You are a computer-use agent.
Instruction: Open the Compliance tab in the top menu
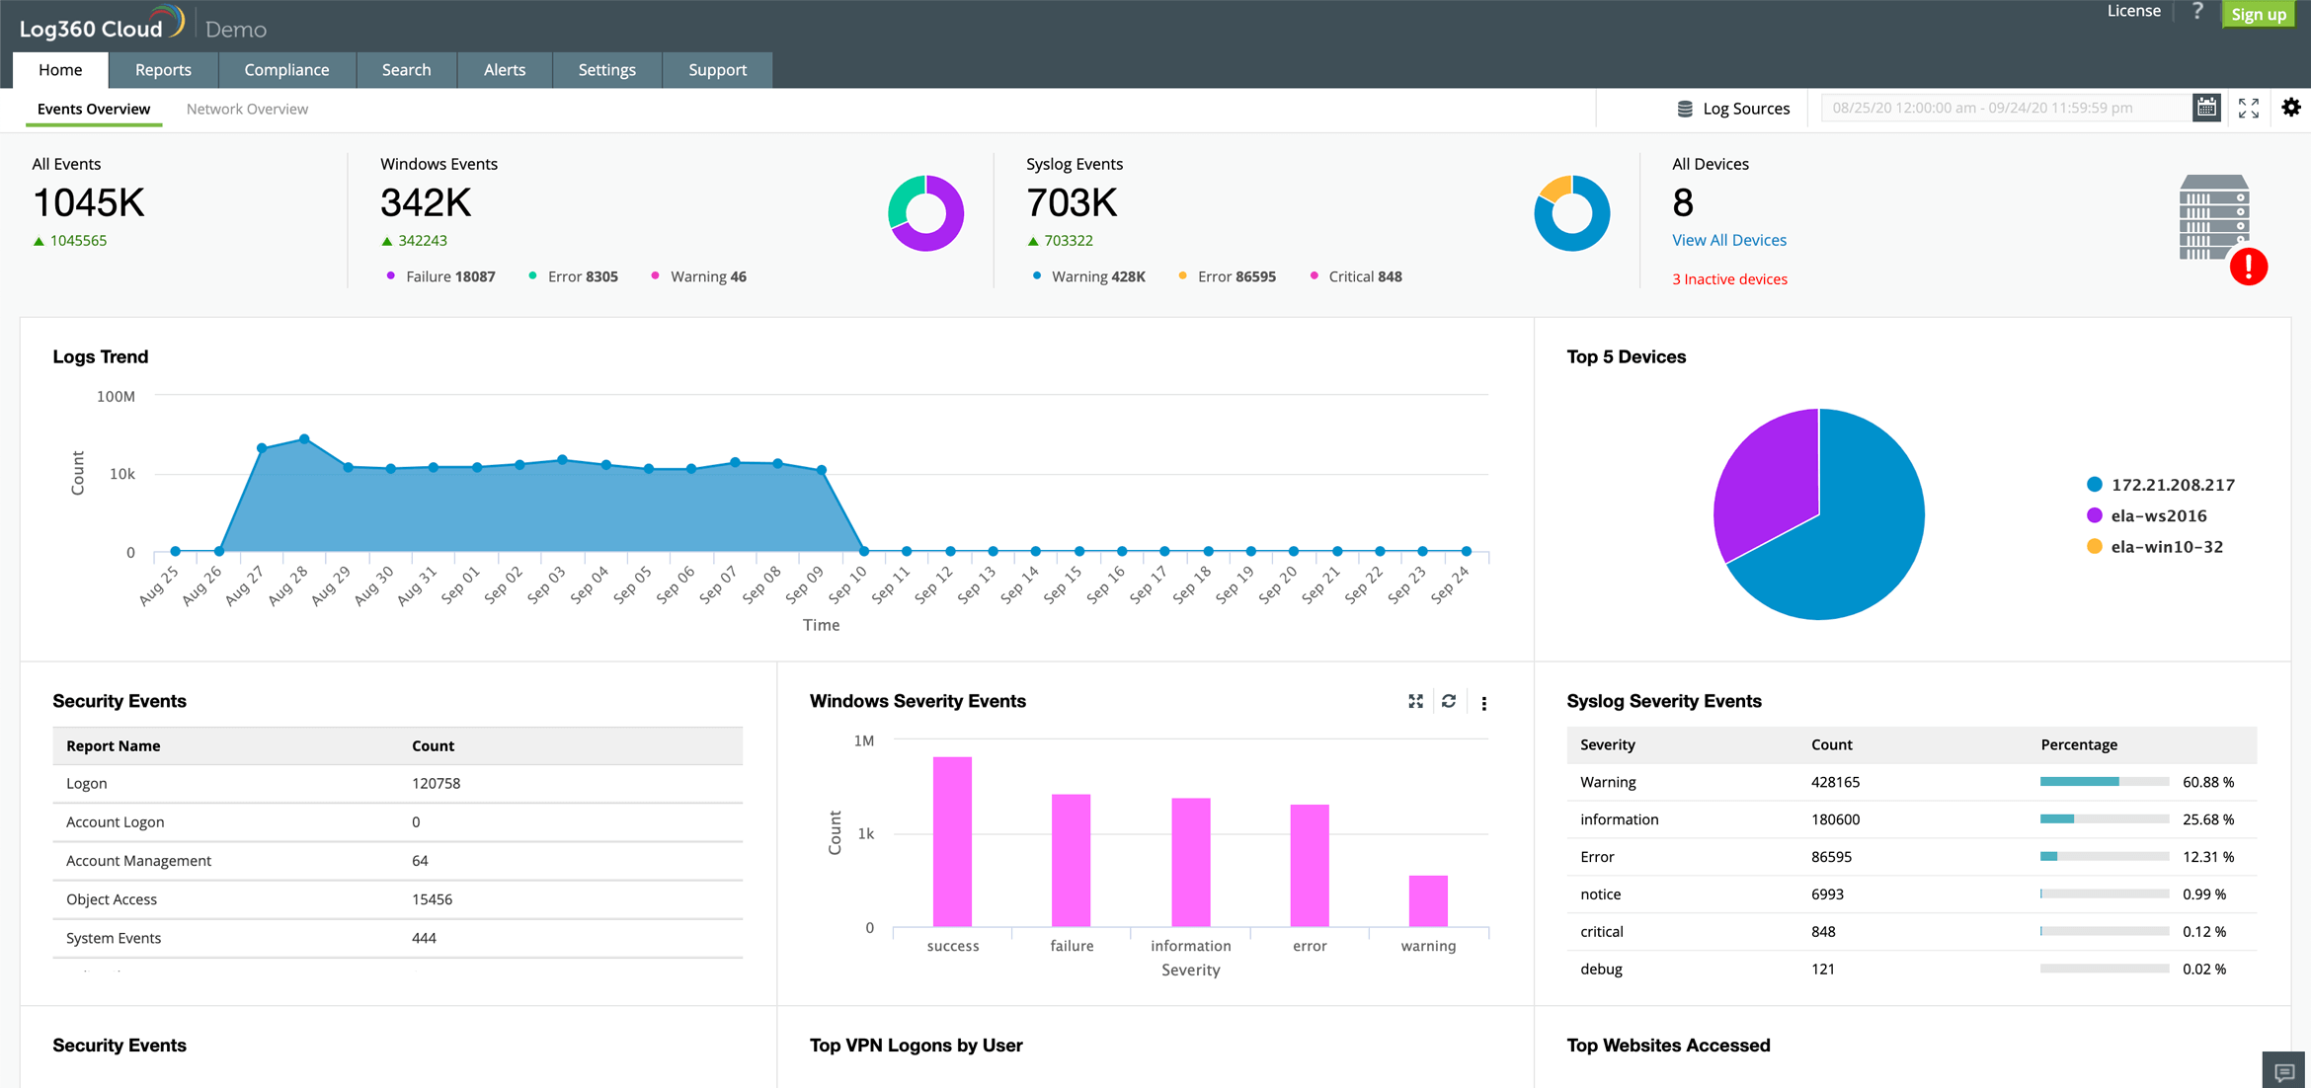tap(286, 70)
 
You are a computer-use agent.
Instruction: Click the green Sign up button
tap(2258, 14)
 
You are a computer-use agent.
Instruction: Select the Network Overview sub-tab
tap(247, 109)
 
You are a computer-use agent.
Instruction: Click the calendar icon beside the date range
tap(2206, 108)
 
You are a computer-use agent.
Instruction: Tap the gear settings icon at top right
tap(2291, 108)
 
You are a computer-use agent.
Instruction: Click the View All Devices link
tap(1728, 240)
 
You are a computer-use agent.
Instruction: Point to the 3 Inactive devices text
tap(1728, 279)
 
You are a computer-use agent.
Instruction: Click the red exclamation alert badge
tap(2248, 267)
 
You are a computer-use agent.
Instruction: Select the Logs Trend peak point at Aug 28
tap(304, 439)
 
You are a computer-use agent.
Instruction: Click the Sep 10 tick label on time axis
tap(848, 584)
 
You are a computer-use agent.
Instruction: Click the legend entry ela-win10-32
tap(2166, 547)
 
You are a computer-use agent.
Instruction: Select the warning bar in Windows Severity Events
tap(1428, 900)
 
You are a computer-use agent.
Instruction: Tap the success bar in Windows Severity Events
tap(952, 841)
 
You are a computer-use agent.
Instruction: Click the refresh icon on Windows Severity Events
tap(1449, 701)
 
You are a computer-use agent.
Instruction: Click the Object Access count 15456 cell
tap(432, 899)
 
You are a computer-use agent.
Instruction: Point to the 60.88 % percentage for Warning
tap(2207, 782)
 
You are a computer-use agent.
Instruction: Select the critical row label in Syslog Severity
tap(1601, 931)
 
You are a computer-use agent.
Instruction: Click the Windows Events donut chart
tap(925, 213)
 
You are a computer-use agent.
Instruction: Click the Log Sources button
tap(1733, 109)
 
